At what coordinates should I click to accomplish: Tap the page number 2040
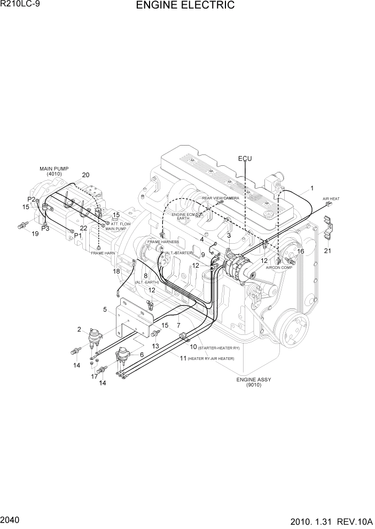(x=11, y=519)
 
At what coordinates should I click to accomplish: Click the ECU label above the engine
(x=245, y=159)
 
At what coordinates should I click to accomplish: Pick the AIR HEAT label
(x=331, y=199)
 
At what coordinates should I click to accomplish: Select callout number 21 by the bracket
(x=327, y=251)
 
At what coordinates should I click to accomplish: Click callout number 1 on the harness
(x=312, y=188)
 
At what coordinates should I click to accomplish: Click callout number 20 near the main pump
(x=85, y=175)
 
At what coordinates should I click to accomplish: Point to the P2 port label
(x=32, y=199)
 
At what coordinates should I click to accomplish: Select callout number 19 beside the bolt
(x=35, y=234)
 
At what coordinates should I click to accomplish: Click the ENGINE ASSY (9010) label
(x=254, y=382)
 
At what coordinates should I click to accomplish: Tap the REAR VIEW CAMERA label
(x=220, y=198)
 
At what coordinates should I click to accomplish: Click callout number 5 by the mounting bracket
(x=105, y=309)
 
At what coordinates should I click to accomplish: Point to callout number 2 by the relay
(x=79, y=329)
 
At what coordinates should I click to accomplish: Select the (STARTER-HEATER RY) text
(x=219, y=347)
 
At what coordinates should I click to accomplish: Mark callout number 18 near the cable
(x=116, y=271)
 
